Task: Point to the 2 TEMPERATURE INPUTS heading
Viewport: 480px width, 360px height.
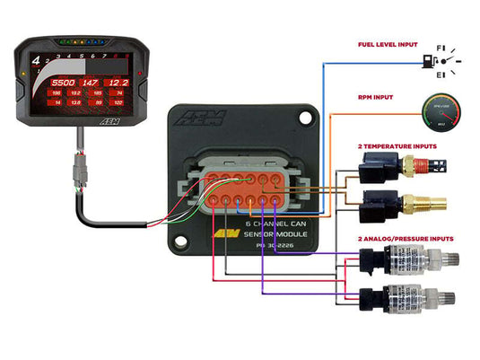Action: coord(397,145)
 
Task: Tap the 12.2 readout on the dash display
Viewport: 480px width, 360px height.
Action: coord(118,82)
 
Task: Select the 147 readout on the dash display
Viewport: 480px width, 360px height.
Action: coord(89,82)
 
